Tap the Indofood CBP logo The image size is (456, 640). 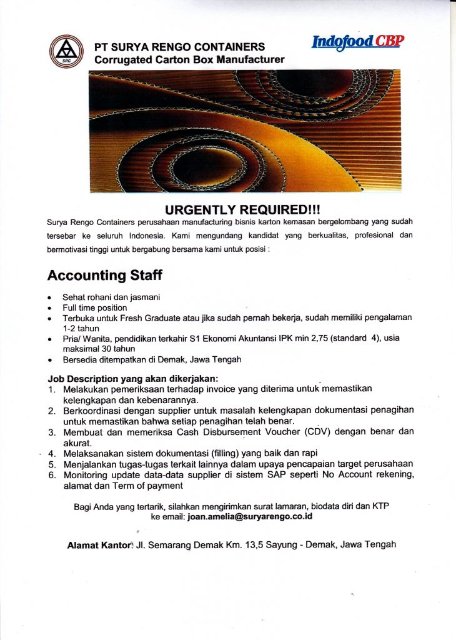358,42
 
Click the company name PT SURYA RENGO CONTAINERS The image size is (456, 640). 179,47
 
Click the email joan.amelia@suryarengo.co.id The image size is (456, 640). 249,517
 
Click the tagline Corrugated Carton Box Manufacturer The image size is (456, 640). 189,60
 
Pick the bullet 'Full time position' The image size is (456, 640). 94,307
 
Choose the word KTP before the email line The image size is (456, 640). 387,506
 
